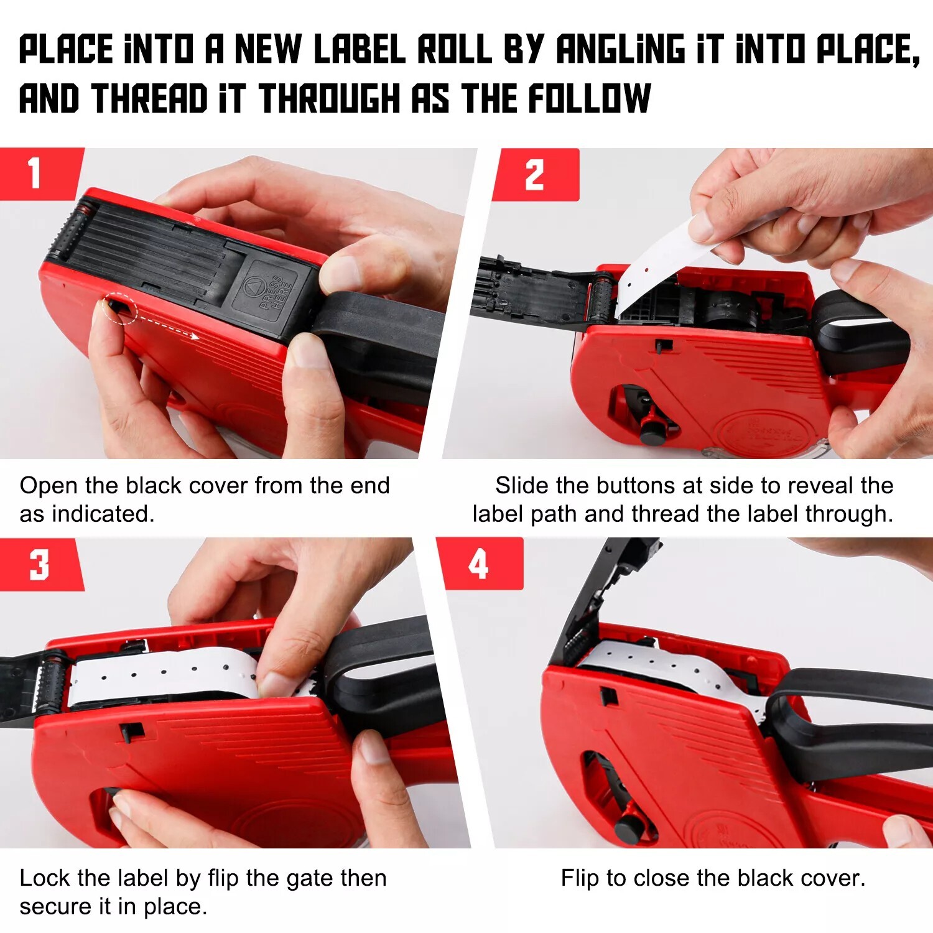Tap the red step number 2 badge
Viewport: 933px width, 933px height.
coord(536,174)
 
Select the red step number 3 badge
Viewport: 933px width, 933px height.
coord(40,564)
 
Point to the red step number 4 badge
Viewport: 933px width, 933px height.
coord(480,564)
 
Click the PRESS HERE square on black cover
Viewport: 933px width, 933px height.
coord(272,291)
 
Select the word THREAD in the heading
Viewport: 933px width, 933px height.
coord(149,98)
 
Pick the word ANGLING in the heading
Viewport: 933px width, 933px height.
coord(620,49)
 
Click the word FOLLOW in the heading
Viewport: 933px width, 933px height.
coord(589,98)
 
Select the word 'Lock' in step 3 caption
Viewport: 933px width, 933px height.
coord(45,878)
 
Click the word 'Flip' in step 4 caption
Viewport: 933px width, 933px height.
coord(581,879)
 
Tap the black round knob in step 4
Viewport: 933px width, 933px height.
coord(629,829)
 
